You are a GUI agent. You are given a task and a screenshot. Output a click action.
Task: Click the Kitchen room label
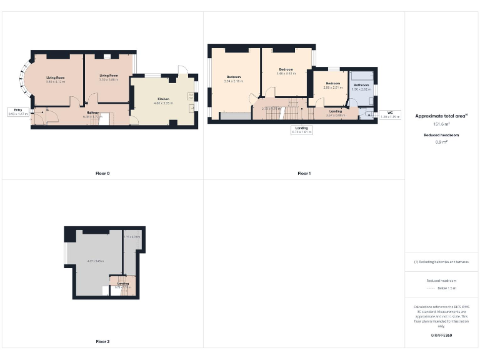click(163, 99)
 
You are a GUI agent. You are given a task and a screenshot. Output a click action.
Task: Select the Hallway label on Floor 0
click(92, 112)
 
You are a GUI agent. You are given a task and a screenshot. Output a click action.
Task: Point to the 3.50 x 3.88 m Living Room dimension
click(109, 80)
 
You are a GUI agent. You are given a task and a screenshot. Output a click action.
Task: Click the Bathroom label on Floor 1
click(361, 84)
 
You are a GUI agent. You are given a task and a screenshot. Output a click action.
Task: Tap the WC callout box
click(389, 115)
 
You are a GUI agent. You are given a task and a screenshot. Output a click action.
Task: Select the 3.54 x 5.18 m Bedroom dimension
click(233, 81)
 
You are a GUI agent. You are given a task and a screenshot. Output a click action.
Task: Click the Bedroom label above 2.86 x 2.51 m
click(332, 83)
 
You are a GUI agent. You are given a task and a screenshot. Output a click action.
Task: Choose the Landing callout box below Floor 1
click(302, 130)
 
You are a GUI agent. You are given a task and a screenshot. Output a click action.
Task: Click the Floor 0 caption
click(102, 173)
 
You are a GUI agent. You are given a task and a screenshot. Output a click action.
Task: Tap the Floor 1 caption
click(304, 173)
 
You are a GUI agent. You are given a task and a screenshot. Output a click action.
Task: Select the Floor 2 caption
click(102, 342)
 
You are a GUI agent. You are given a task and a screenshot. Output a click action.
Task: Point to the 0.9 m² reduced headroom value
click(441, 142)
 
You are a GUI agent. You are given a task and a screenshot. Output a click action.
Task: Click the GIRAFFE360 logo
click(441, 336)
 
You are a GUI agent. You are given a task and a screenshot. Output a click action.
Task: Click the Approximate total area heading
click(441, 116)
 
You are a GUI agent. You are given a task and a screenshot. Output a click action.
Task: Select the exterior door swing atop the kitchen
click(181, 71)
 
